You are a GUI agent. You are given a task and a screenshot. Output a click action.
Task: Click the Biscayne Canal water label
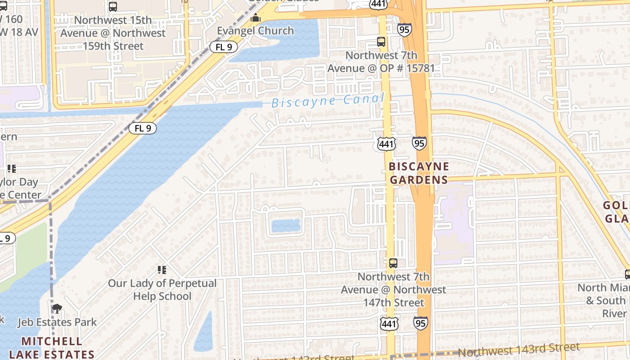point(328,101)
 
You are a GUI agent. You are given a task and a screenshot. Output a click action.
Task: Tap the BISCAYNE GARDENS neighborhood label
point(418,173)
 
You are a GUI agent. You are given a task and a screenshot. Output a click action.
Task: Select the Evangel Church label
point(255,31)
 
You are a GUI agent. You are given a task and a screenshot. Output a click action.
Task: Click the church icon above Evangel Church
point(256,18)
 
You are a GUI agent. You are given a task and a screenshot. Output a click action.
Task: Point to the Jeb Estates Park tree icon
point(57,309)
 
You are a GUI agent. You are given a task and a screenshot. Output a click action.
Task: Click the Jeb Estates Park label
point(57,322)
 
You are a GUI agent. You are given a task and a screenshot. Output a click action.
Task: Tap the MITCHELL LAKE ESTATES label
point(52,348)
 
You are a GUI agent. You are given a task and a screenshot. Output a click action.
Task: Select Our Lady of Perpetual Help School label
point(162,290)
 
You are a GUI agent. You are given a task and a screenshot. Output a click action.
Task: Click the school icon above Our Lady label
point(162,270)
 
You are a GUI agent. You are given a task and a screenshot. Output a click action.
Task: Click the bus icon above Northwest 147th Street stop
point(393,263)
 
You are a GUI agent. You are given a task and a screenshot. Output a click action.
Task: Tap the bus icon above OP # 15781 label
point(381,42)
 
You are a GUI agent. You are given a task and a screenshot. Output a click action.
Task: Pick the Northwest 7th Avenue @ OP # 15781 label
point(381,62)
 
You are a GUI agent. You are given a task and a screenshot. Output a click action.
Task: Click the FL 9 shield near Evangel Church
point(224,46)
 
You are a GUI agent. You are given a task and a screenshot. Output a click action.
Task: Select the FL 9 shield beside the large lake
point(143,128)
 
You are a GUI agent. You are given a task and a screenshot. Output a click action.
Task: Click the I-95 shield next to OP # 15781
point(404,30)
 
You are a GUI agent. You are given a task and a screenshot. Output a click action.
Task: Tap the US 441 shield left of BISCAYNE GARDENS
point(387,144)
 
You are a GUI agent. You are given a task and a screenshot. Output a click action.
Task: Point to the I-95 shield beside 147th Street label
point(420,322)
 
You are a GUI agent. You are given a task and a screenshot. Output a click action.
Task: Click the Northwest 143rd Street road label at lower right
point(518,350)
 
